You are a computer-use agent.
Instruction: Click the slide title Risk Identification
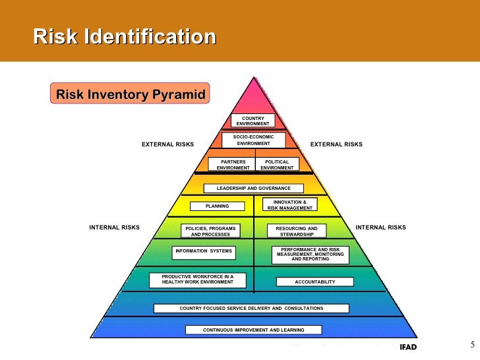pyautogui.click(x=125, y=36)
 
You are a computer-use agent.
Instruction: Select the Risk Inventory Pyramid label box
pyautogui.click(x=131, y=94)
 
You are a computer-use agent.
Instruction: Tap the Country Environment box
pyautogui.click(x=253, y=121)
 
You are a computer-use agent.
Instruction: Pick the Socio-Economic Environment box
pyautogui.click(x=254, y=140)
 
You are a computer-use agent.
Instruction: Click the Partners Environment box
pyautogui.click(x=233, y=164)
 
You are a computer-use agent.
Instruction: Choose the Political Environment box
pyautogui.click(x=277, y=164)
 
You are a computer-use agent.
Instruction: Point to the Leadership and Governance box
pyautogui.click(x=253, y=189)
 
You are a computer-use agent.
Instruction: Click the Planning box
pyautogui.click(x=218, y=206)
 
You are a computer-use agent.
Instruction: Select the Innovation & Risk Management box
pyautogui.click(x=290, y=204)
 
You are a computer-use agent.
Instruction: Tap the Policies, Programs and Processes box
pyautogui.click(x=210, y=231)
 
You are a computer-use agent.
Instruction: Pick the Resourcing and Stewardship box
pyautogui.click(x=292, y=231)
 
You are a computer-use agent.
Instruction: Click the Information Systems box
pyautogui.click(x=203, y=251)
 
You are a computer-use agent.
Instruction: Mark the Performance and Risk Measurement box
pyautogui.click(x=311, y=255)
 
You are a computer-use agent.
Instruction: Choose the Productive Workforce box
pyautogui.click(x=198, y=280)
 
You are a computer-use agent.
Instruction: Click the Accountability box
pyautogui.click(x=315, y=282)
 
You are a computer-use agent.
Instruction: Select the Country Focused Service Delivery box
pyautogui.click(x=251, y=308)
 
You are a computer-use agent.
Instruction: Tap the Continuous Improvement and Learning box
pyautogui.click(x=254, y=330)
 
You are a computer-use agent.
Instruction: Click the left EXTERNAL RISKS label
pyautogui.click(x=168, y=144)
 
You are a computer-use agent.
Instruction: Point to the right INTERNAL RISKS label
pyautogui.click(x=380, y=227)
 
